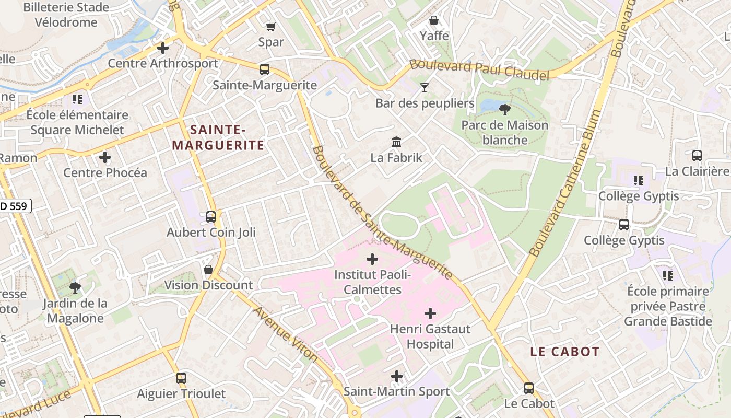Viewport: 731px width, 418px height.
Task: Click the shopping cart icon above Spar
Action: tap(270, 27)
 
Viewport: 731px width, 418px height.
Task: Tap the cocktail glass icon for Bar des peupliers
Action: tap(425, 87)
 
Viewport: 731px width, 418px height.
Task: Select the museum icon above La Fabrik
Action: tap(396, 142)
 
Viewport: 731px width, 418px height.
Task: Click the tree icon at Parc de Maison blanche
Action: tap(504, 110)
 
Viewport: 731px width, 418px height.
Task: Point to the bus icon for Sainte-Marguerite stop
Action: tap(265, 69)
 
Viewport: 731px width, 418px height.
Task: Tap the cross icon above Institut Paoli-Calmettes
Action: tap(372, 259)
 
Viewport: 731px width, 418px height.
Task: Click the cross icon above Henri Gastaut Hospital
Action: tap(430, 313)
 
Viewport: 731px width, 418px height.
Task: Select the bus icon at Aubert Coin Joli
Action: tap(211, 216)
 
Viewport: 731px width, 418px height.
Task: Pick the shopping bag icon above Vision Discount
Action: tap(208, 270)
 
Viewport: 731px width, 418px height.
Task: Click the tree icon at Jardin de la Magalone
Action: tap(75, 287)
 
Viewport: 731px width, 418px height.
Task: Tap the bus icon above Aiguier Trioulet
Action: tap(181, 378)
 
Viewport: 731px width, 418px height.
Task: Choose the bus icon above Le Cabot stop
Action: tap(529, 388)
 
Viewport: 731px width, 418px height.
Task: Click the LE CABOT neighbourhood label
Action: tap(565, 352)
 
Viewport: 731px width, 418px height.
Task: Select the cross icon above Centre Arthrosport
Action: tap(163, 48)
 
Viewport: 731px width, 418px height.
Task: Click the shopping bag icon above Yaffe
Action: tap(434, 20)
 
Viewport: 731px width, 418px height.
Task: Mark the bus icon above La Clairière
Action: tap(697, 155)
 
